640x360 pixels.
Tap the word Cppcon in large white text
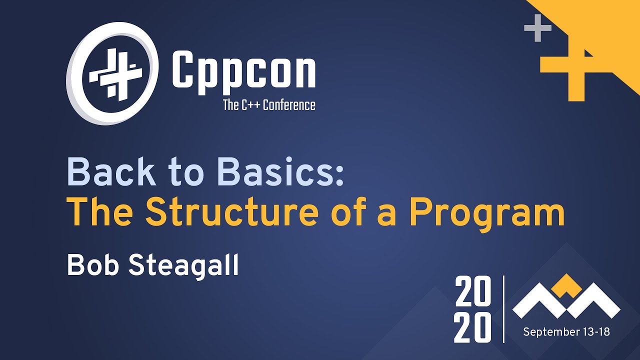point(243,72)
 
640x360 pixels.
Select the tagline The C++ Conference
point(269,105)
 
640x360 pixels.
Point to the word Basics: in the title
point(283,173)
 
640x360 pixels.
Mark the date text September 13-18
point(566,332)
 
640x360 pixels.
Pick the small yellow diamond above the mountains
point(566,284)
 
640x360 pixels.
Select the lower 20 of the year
point(472,328)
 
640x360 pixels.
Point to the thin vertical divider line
point(503,308)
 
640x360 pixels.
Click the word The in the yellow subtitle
point(100,212)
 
